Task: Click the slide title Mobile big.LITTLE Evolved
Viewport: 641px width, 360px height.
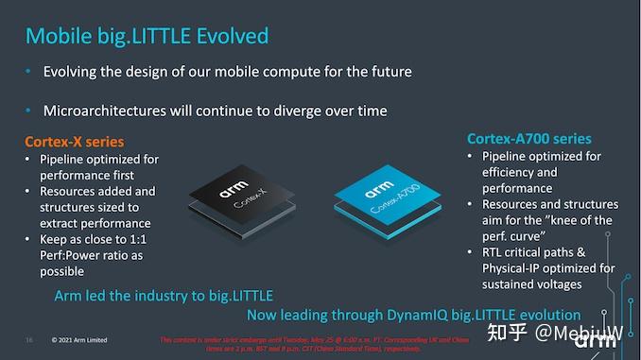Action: (147, 36)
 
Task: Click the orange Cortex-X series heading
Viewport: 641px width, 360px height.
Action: (74, 142)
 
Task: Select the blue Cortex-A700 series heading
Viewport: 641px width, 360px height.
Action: (529, 138)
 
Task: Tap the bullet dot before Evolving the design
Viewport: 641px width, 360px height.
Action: (29, 72)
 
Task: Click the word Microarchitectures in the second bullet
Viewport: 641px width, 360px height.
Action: (107, 111)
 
